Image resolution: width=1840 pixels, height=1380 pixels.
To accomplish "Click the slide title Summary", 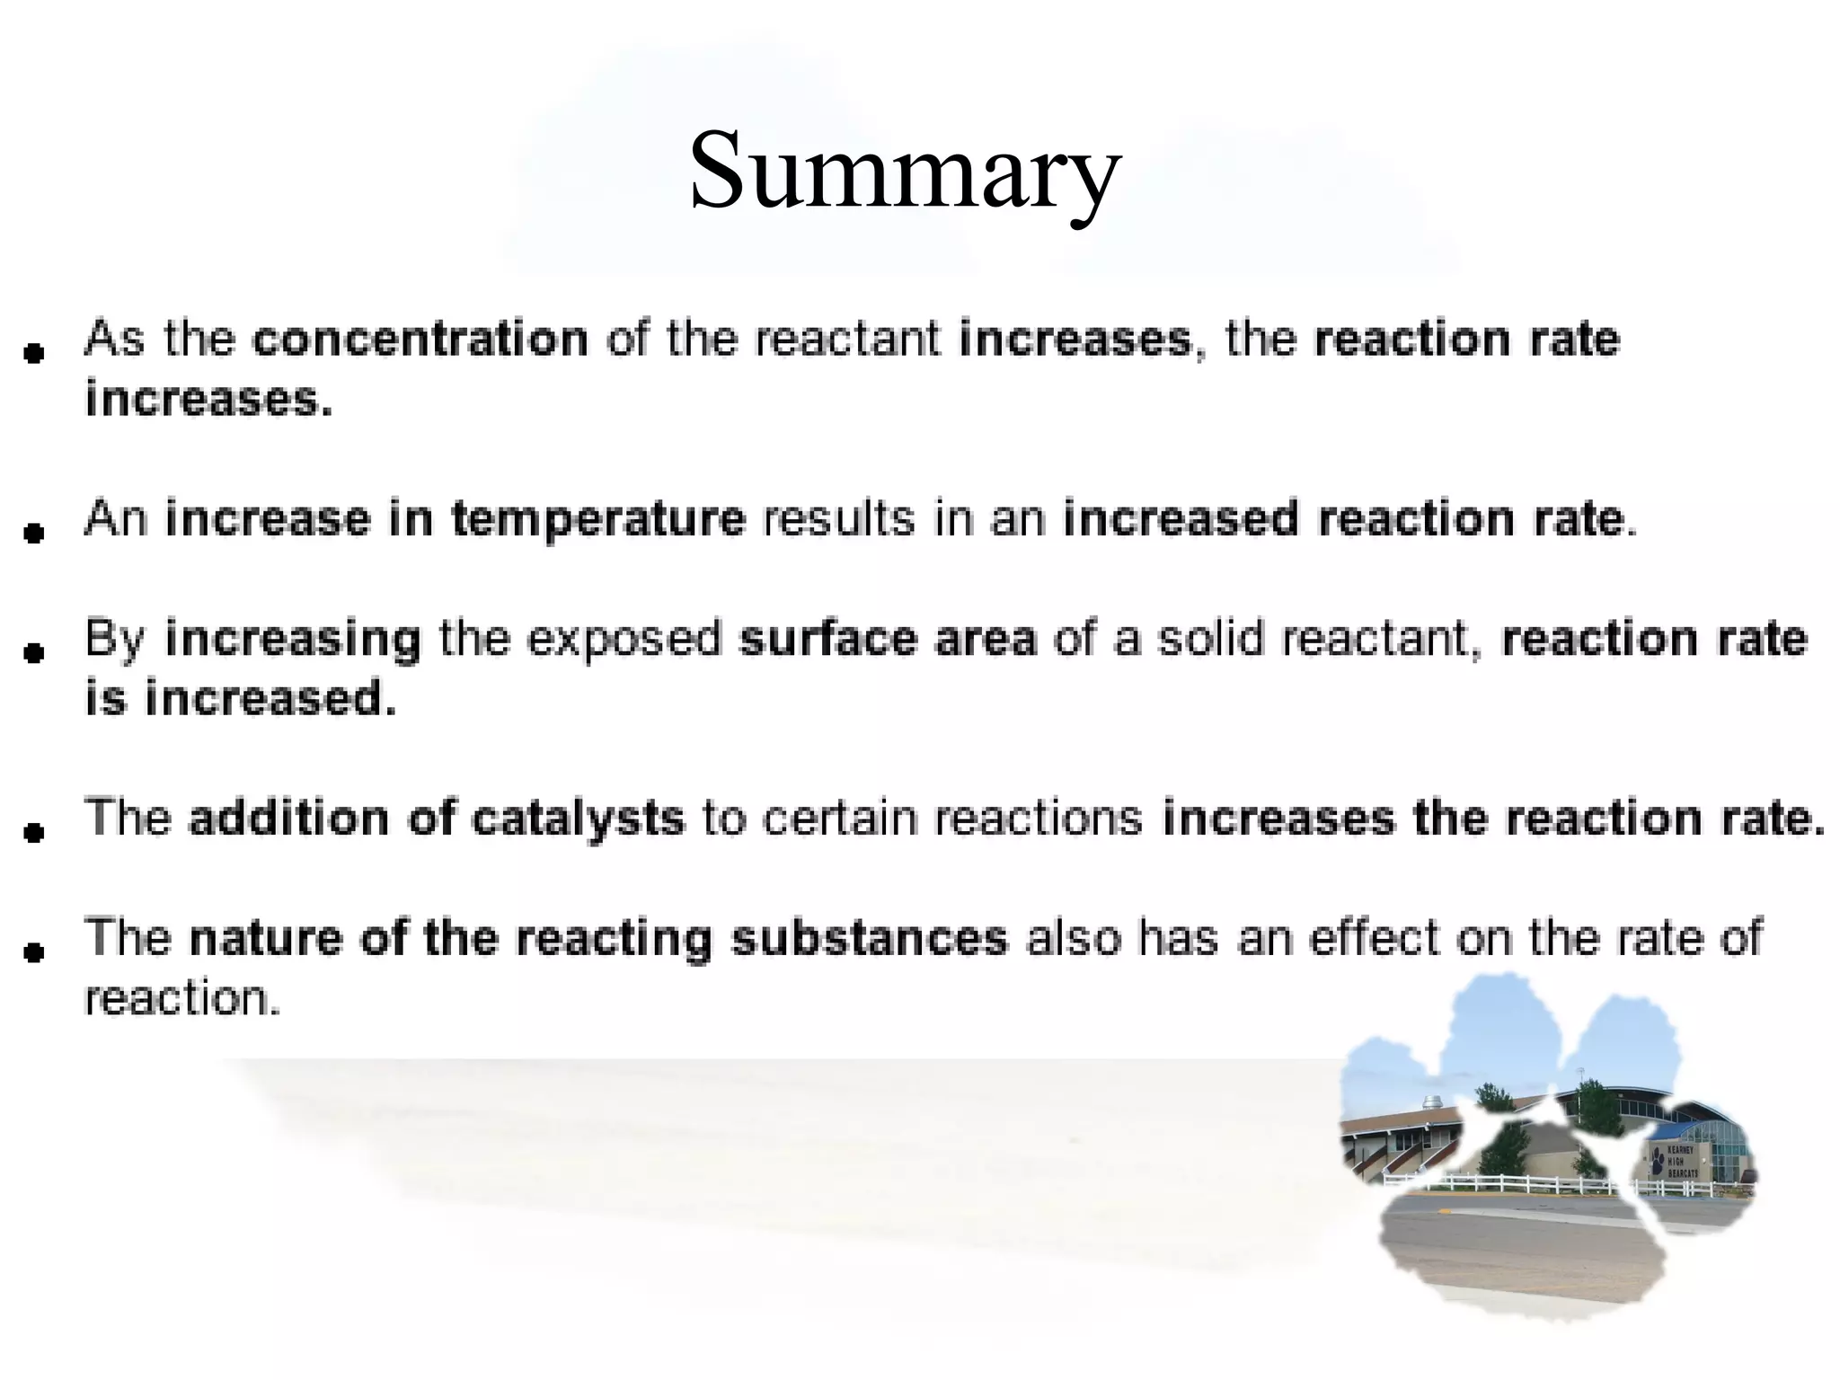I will tap(905, 171).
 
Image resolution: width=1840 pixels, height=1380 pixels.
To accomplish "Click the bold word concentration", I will tap(420, 340).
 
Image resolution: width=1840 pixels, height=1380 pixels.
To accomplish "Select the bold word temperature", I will tap(597, 520).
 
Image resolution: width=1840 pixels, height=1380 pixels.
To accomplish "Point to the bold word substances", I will tap(869, 939).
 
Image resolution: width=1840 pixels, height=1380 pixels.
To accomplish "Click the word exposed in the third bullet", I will tap(624, 639).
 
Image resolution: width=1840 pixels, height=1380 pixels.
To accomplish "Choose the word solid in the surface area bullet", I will tap(1210, 639).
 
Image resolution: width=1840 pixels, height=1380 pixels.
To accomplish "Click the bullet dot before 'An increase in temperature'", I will tap(34, 534).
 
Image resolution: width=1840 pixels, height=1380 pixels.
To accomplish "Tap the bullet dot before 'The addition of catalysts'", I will tap(34, 833).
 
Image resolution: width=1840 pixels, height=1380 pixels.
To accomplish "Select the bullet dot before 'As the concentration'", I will tap(34, 354).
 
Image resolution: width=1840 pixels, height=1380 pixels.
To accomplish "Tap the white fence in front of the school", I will tap(1527, 1184).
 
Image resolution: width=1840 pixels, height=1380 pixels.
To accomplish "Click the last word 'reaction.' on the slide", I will tap(182, 999).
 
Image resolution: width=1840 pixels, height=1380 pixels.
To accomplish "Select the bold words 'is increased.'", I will tap(240, 699).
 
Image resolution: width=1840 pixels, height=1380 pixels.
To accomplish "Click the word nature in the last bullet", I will tap(266, 939).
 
